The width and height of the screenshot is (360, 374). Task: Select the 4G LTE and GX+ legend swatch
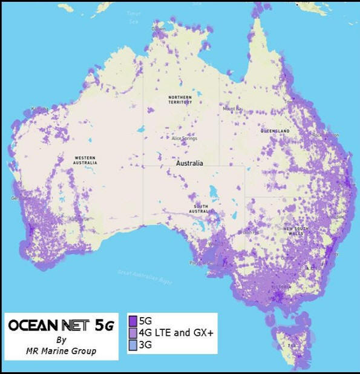[133, 332]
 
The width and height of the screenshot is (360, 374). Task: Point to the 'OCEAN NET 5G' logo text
[60, 326]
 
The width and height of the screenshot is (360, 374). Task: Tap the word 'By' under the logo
[60, 339]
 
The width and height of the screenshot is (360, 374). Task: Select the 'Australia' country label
[189, 163]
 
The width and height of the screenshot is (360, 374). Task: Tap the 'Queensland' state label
[275, 131]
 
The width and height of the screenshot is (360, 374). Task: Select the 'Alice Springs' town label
[185, 138]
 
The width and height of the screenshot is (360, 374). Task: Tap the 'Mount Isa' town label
[232, 109]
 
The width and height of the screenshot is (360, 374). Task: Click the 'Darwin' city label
[159, 28]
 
